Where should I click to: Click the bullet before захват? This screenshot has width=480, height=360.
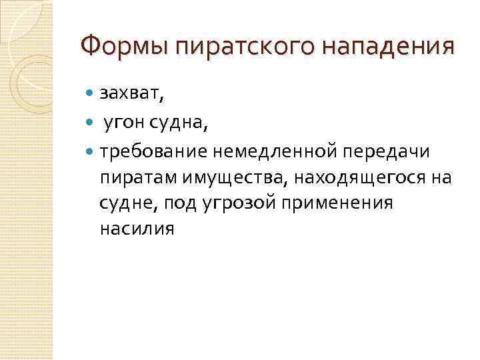(x=91, y=94)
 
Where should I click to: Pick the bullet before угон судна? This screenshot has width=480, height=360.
(x=91, y=123)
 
